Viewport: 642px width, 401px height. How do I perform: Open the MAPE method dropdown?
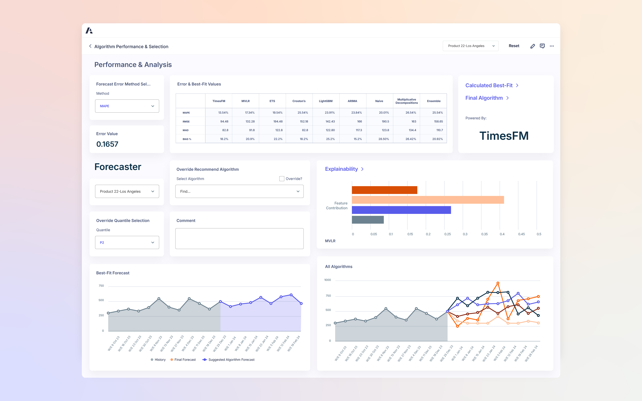click(x=127, y=106)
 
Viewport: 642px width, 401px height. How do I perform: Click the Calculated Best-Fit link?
click(x=489, y=85)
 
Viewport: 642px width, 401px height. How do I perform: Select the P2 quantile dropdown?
click(x=127, y=242)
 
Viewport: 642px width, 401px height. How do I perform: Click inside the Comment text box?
click(x=239, y=239)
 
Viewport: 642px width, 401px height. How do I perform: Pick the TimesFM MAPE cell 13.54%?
click(x=223, y=113)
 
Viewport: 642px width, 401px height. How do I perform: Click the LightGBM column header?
click(x=326, y=101)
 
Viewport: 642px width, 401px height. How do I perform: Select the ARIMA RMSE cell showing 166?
click(x=359, y=121)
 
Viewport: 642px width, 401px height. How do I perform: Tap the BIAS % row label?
click(x=187, y=139)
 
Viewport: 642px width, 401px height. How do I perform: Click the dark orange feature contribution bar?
click(x=384, y=190)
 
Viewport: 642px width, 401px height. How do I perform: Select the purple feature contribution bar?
click(x=401, y=210)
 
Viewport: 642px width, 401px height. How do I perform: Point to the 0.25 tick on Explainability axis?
click(x=447, y=234)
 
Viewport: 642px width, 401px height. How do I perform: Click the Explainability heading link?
click(x=342, y=169)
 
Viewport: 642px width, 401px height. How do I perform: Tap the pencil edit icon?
click(x=532, y=46)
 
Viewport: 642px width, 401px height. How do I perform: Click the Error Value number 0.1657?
click(x=107, y=144)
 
